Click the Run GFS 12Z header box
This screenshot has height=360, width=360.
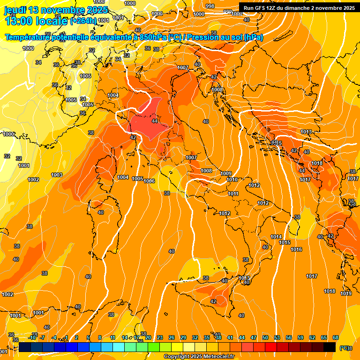tap(299, 7)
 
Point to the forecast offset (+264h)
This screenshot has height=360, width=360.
tap(83, 21)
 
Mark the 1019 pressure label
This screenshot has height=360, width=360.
tap(346, 294)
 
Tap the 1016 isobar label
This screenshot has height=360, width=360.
tap(296, 250)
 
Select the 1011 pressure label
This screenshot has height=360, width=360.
tap(233, 194)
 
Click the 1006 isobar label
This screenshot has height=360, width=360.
tap(149, 181)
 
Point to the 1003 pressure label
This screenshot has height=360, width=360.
tap(57, 175)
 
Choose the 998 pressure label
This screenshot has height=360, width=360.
tap(210, 6)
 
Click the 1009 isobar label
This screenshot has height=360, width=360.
tap(226, 174)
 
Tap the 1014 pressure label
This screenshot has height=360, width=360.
tap(276, 237)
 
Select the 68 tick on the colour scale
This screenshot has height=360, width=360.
tap(336, 337)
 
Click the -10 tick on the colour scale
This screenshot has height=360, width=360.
tap(32, 337)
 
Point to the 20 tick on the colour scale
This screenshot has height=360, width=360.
tap(148, 337)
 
